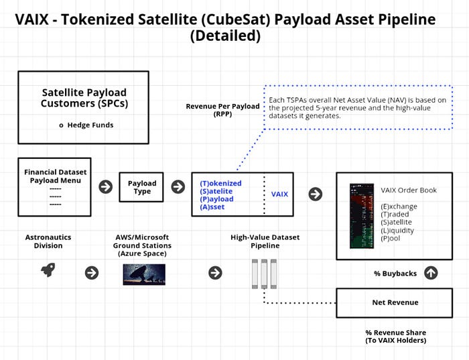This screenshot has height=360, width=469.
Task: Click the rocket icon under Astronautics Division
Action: tap(48, 270)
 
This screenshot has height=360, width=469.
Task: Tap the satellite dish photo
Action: tap(144, 274)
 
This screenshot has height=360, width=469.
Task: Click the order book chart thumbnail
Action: tap(362, 216)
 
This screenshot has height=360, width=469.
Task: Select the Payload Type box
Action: tap(141, 187)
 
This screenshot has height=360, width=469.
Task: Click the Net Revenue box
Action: tap(394, 302)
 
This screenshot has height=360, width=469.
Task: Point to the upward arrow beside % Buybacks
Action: tap(431, 273)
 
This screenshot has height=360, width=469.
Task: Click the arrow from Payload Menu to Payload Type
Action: tap(106, 187)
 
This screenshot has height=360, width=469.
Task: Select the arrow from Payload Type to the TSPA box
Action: tap(178, 187)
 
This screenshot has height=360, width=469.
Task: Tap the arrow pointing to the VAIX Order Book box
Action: tap(316, 194)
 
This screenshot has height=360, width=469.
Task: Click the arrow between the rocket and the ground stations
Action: tap(92, 273)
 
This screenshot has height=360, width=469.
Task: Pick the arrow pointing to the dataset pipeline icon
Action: tap(215, 273)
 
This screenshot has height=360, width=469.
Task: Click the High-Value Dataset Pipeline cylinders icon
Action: tap(264, 274)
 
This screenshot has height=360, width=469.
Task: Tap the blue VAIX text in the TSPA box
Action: tap(279, 194)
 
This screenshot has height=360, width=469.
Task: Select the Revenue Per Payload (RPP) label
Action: tap(222, 110)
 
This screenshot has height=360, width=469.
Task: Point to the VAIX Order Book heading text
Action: tap(409, 190)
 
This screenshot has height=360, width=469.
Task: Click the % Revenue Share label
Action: tap(396, 337)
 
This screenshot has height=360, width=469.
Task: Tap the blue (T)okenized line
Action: tap(220, 183)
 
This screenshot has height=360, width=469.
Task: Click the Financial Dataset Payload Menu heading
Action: tap(56, 176)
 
